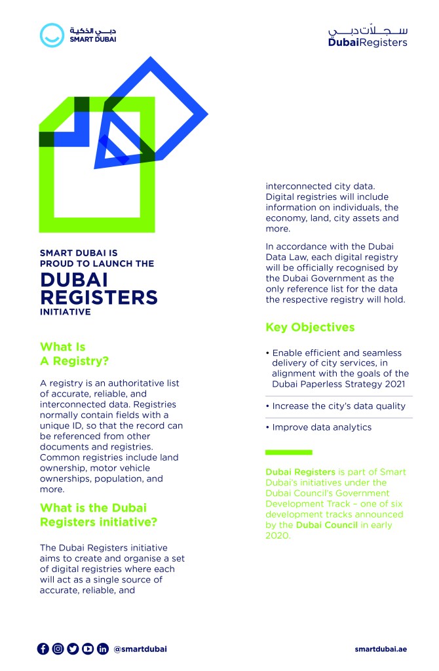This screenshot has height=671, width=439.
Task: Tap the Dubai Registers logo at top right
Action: pos(368,37)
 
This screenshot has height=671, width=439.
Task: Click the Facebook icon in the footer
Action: pos(43,649)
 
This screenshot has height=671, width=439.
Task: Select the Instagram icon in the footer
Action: pos(58,649)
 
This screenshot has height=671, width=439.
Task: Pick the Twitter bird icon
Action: pos(73,649)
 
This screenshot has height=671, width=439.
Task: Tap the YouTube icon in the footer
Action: pos(88,649)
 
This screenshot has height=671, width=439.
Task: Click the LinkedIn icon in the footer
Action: pos(103,649)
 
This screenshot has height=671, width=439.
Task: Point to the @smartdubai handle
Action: pos(140,649)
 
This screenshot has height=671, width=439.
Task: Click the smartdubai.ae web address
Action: pos(381,649)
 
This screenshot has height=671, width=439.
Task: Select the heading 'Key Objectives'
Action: pos(310,327)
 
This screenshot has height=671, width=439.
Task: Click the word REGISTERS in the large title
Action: pos(99,297)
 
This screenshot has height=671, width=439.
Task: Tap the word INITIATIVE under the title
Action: pos(65,312)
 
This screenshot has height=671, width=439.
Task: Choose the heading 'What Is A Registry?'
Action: pos(74,354)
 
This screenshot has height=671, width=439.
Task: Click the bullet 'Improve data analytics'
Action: pos(322,427)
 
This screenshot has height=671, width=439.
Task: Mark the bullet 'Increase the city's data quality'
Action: pos(339,406)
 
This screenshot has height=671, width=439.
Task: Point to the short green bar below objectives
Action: pos(288,452)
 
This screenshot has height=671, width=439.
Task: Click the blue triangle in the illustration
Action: pos(113,149)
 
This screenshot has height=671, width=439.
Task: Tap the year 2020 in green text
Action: pos(277,535)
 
